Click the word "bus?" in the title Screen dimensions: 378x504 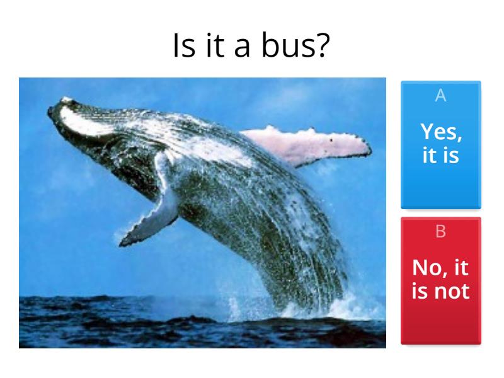302,46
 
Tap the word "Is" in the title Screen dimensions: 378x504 183,46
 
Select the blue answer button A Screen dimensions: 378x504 440,144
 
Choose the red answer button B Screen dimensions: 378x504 440,280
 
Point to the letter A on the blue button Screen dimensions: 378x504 440,95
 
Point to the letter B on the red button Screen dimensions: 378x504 440,231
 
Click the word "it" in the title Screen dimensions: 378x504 215,46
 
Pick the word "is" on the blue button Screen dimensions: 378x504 449,154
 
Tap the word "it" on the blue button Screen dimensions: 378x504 429,154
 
